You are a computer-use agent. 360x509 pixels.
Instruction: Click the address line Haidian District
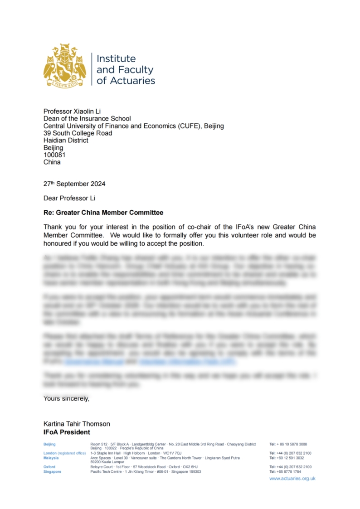point(66,141)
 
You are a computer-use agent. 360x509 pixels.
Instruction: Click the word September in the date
point(70,184)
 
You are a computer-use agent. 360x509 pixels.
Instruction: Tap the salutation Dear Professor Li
point(69,198)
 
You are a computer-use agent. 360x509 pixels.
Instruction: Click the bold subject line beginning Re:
point(103,213)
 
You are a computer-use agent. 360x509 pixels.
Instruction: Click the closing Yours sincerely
point(66,399)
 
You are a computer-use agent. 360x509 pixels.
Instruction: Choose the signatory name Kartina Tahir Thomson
point(77,424)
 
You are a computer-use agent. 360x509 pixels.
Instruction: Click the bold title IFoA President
point(67,432)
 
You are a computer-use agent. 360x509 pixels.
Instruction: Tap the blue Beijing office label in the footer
point(49,444)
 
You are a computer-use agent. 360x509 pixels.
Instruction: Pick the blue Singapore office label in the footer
point(52,472)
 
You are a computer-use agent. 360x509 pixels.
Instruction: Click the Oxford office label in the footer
point(49,467)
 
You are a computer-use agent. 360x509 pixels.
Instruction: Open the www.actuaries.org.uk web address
point(292,479)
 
